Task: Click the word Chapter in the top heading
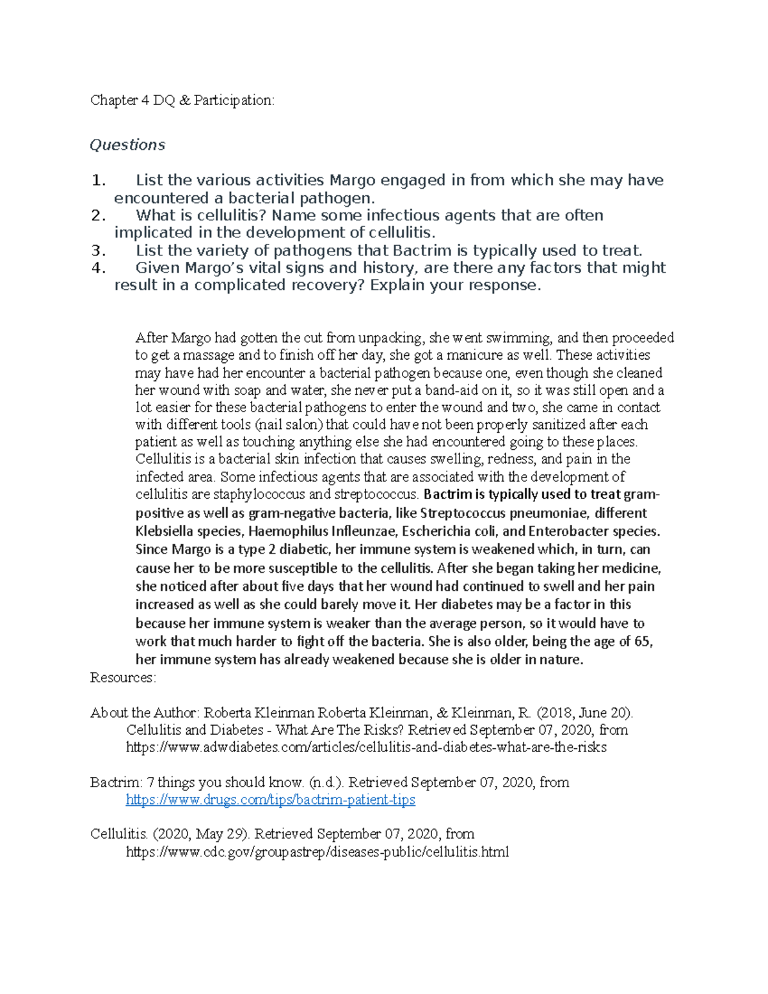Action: click(x=114, y=100)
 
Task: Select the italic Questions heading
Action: click(x=127, y=145)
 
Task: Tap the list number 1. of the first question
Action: click(x=98, y=180)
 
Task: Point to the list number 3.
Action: click(x=98, y=250)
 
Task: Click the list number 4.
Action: click(x=98, y=268)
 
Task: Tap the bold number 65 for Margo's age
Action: click(x=641, y=641)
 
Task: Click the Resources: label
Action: click(x=123, y=678)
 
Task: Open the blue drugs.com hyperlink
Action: click(x=270, y=799)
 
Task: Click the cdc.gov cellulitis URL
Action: click(x=317, y=852)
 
